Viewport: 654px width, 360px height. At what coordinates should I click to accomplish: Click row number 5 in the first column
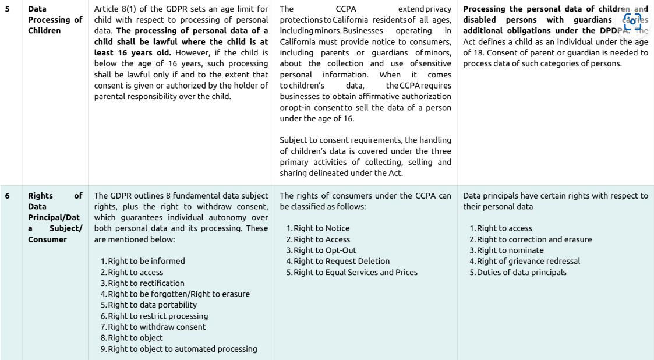point(7,9)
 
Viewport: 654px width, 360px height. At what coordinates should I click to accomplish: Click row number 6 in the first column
point(7,196)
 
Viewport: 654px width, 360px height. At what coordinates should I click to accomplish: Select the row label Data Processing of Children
point(55,20)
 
